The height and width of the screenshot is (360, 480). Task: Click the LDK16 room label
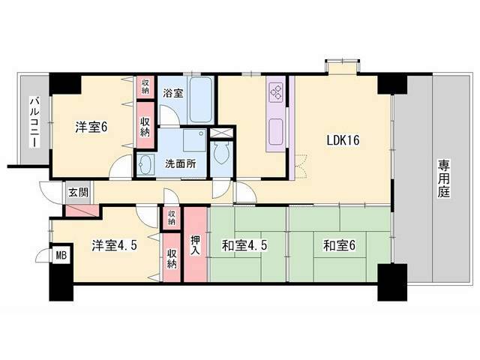coord(343,140)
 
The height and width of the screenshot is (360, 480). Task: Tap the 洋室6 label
coord(91,127)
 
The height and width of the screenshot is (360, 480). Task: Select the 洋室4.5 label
coord(115,245)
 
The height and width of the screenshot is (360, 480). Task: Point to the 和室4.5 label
coord(244,245)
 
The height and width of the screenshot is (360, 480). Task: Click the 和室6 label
coord(339,245)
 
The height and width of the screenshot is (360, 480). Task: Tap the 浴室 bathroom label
coord(173,93)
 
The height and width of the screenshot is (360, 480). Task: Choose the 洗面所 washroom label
coord(181,163)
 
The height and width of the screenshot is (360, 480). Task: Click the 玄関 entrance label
coord(78,193)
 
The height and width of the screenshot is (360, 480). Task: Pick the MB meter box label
coord(61,255)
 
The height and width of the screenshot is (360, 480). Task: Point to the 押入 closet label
coord(195,245)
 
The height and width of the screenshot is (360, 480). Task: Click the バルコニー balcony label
coord(34,122)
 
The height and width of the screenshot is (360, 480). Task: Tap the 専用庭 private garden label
coord(443,178)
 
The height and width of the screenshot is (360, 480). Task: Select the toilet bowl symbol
coord(222,154)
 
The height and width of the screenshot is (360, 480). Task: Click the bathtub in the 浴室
coord(200,100)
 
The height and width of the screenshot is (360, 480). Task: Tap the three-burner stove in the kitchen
coord(276,92)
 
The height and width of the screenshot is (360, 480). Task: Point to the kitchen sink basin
coord(276,132)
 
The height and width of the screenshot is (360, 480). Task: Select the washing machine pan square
coord(195,140)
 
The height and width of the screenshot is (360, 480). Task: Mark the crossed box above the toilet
coord(222,133)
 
